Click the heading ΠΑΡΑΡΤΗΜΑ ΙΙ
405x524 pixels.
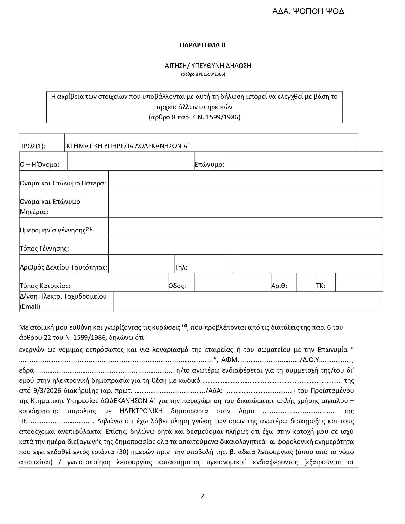pyautogui.click(x=202, y=45)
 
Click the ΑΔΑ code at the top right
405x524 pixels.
pyautogui.click(x=308, y=12)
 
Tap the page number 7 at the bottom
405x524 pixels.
pyautogui.click(x=203, y=496)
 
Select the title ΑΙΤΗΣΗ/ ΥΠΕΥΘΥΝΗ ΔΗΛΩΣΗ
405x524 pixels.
pyautogui.click(x=208, y=66)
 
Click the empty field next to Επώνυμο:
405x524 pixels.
pyautogui.click(x=307, y=161)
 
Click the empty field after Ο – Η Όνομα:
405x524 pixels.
pyautogui.click(x=131, y=161)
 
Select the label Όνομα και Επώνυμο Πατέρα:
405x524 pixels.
pyautogui.click(x=63, y=183)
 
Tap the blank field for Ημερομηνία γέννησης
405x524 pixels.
pyautogui.click(x=246, y=227)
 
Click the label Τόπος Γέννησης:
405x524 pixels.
pyautogui.click(x=44, y=249)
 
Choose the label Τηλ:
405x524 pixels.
pyautogui.click(x=181, y=267)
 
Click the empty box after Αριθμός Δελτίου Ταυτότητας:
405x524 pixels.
pyautogui.click(x=141, y=264)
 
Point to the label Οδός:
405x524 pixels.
pyautogui.click(x=177, y=286)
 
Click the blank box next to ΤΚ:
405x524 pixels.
pyautogui.click(x=359, y=282)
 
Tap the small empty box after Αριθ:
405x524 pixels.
pyautogui.click(x=306, y=282)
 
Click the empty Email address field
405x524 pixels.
pyautogui.click(x=247, y=302)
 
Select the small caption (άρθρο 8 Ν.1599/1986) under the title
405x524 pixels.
pyautogui.click(x=203, y=74)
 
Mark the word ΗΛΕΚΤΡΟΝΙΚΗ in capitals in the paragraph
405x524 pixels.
pyautogui.click(x=144, y=411)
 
